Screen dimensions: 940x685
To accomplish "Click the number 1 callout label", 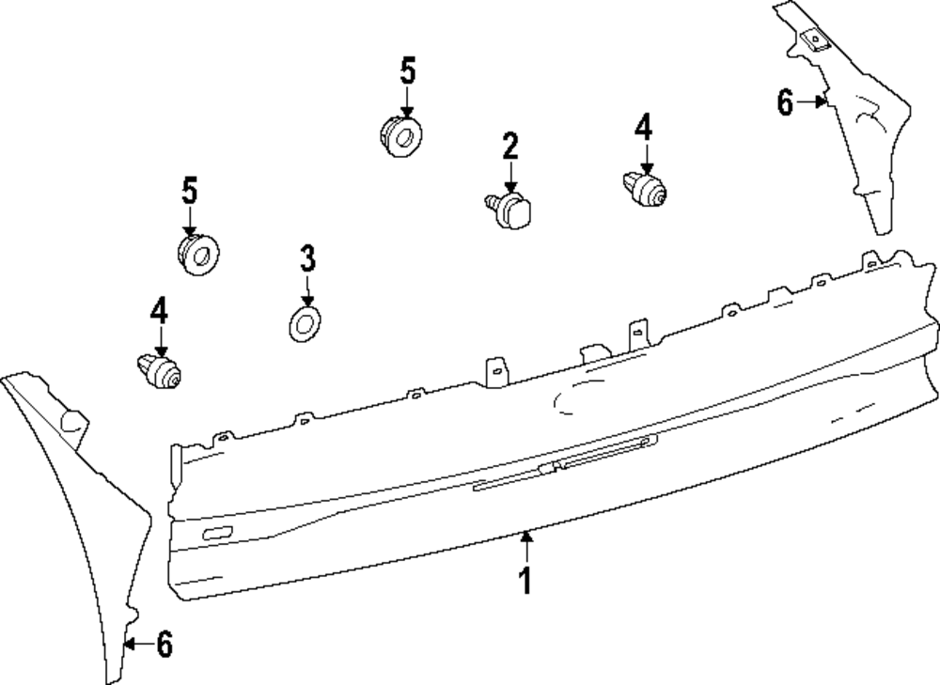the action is click(525, 580).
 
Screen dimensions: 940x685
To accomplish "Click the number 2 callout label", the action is click(510, 146).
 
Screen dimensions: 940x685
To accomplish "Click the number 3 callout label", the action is click(307, 258).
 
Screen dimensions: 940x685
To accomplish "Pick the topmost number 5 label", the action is click(408, 70).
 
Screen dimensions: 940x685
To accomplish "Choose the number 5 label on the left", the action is click(190, 190).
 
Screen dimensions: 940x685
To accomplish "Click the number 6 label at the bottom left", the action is click(164, 645).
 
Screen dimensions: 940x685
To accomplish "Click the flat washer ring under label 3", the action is click(305, 324).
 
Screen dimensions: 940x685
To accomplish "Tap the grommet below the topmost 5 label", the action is click(400, 136).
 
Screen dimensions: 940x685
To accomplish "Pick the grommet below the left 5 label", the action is click(198, 255).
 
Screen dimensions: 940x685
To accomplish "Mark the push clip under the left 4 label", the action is click(160, 371).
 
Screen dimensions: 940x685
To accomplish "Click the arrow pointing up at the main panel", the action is click(525, 548).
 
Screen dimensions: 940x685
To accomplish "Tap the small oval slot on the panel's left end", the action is click(218, 533).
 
